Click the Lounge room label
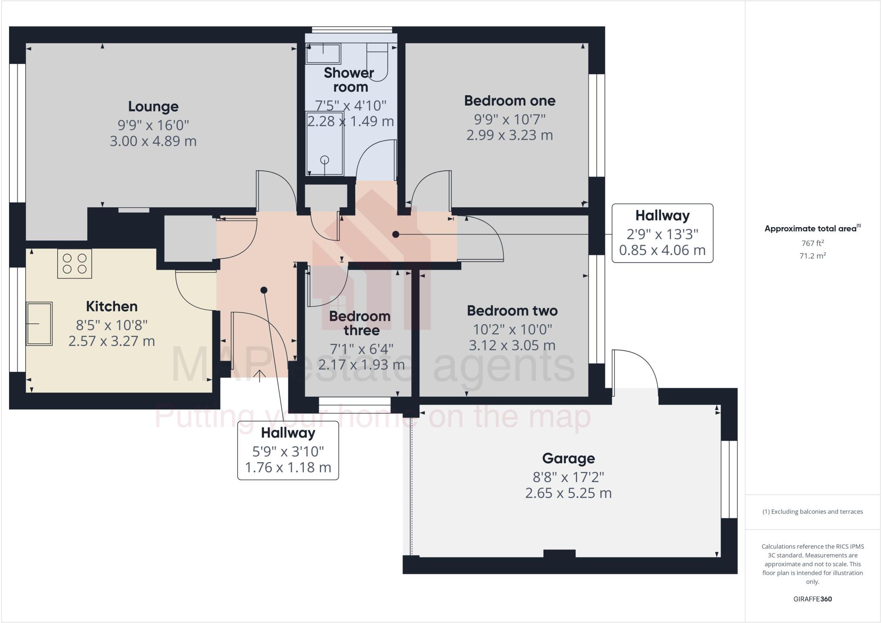tap(153, 106)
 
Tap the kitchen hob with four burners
tap(75, 264)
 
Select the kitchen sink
tap(39, 324)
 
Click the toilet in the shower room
tap(378, 60)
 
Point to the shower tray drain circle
tap(325, 160)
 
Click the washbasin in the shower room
tap(323, 54)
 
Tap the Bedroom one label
tap(509, 101)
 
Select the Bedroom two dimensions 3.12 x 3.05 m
tap(512, 346)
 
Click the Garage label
tap(568, 458)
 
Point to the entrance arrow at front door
tap(259, 376)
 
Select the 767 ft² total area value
tap(812, 243)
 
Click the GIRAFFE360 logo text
tap(812, 599)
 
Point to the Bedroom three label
tap(360, 323)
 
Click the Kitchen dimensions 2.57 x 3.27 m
tap(112, 341)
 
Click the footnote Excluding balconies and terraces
tap(812, 512)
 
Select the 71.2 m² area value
tap(812, 256)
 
